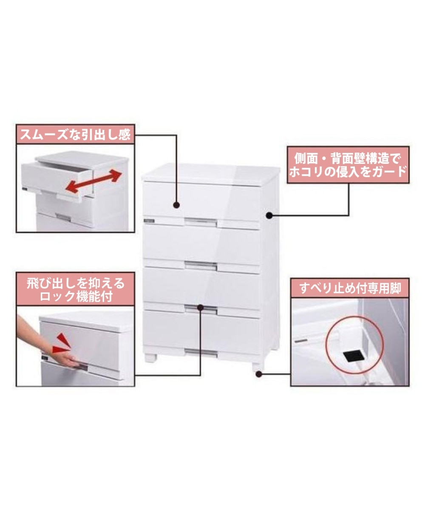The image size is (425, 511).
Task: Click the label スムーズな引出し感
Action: click(x=75, y=135)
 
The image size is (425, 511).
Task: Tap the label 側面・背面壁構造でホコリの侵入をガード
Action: click(x=348, y=165)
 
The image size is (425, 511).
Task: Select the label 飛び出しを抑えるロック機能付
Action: click(x=75, y=290)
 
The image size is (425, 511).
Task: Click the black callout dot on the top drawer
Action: click(x=176, y=205)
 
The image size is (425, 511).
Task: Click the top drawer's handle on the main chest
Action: click(x=201, y=221)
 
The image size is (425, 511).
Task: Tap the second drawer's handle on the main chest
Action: click(x=201, y=265)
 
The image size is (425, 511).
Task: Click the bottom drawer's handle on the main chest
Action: click(x=201, y=352)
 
